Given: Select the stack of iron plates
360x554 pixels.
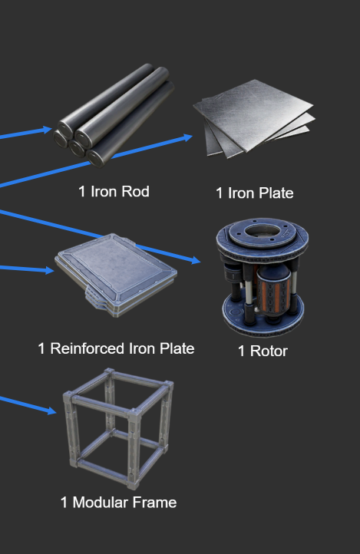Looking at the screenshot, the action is click(x=253, y=119).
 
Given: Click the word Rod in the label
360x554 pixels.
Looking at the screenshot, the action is click(x=135, y=192).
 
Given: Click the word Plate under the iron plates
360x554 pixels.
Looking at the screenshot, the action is click(x=276, y=193).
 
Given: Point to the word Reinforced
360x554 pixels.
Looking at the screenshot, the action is click(x=88, y=348).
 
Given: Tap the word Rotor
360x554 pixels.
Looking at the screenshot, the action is click(x=269, y=351).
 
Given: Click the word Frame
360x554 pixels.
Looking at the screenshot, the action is click(x=154, y=503).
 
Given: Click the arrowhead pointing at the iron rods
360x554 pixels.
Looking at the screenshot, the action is click(x=48, y=130).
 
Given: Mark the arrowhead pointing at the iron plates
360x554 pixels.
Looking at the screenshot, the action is click(x=187, y=137).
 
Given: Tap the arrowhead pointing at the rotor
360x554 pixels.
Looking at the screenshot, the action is click(x=196, y=260).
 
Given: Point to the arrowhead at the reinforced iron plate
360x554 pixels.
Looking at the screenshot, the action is click(x=49, y=270).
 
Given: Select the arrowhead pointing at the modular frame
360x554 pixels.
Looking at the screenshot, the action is click(x=51, y=411).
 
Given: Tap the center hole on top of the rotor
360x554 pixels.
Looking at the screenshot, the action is click(x=263, y=232).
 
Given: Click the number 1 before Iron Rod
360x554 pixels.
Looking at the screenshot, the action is click(x=82, y=192).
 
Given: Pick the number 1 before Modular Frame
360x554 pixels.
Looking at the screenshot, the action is click(x=64, y=503).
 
